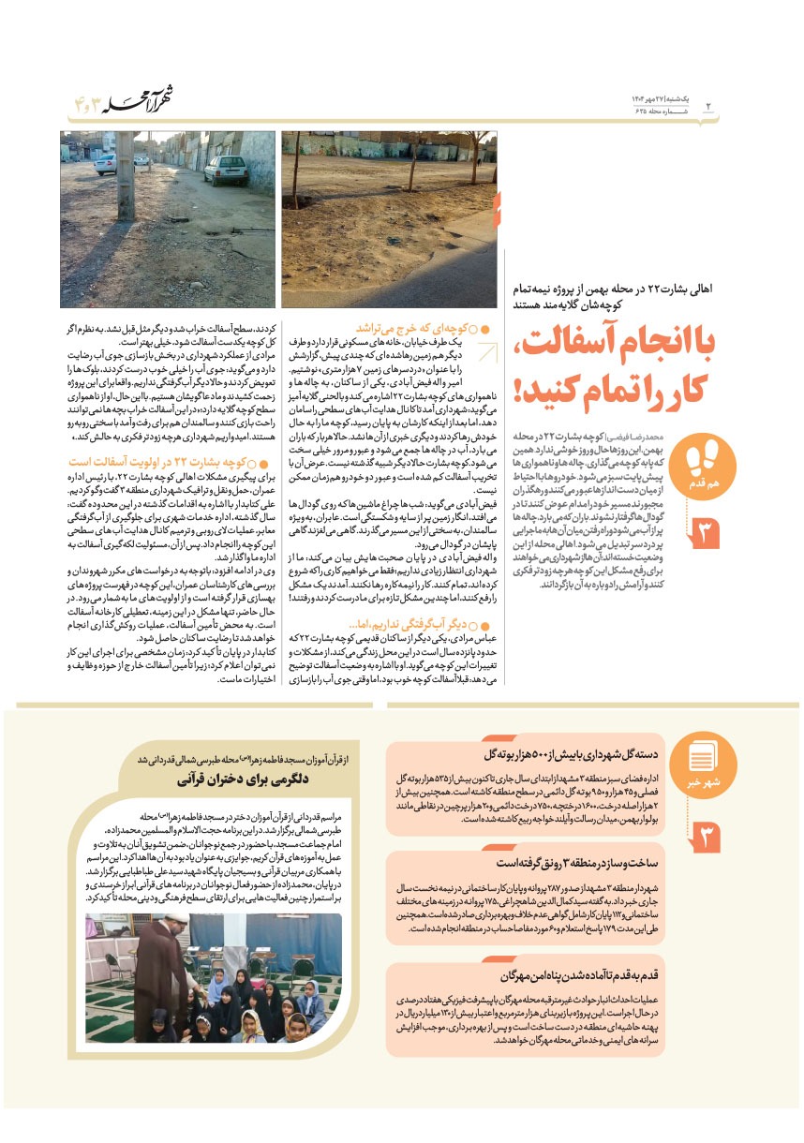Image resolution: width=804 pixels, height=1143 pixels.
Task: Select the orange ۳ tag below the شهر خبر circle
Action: pyautogui.click(x=703, y=836)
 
